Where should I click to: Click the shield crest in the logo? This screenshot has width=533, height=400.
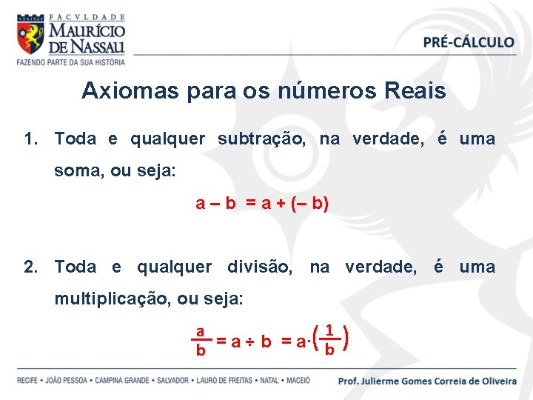tap(30, 37)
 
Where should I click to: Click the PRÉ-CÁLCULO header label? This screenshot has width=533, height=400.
tap(469, 42)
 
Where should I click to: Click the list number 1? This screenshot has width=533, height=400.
tap(30, 139)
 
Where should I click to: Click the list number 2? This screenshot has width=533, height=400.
tap(30, 267)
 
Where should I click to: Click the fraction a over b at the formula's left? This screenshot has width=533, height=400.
tap(200, 341)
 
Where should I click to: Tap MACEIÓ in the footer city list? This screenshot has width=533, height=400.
tap(295, 381)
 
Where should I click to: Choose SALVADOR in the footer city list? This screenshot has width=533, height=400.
tap(172, 381)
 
